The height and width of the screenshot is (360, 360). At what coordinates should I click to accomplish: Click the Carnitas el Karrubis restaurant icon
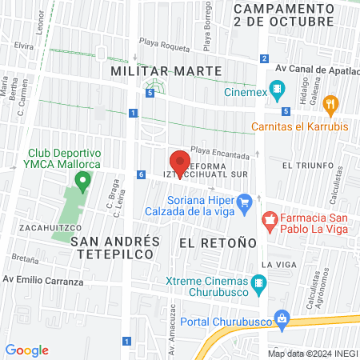pos(334,103)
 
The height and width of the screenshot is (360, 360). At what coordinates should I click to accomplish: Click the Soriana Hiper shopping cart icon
pos(246,201)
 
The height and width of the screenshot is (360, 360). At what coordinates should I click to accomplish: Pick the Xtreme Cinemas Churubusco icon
pos(258,282)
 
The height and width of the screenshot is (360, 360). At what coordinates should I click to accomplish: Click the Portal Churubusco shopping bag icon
pos(280,317)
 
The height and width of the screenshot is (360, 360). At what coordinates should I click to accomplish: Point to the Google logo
pos(27,350)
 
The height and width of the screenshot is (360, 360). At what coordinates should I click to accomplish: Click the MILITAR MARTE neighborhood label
pos(166,71)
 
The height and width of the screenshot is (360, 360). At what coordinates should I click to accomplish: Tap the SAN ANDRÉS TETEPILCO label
pos(115,246)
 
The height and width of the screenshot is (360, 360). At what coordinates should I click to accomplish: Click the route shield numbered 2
pos(264,58)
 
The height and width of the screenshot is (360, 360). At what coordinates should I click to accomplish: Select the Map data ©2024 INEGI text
pos(312,353)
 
